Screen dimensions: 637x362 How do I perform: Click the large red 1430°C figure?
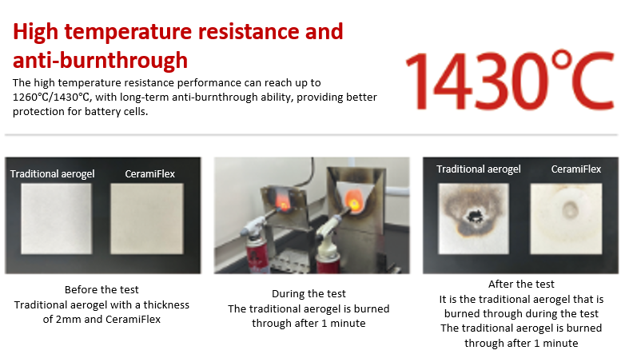point(510,81)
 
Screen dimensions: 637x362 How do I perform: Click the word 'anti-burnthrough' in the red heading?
point(101,60)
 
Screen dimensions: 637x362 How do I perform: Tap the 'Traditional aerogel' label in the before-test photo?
point(53,174)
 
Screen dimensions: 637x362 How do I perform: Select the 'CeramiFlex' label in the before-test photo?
point(150,174)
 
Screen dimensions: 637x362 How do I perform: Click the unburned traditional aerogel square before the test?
point(57,219)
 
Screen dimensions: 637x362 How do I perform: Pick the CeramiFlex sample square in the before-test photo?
point(146,219)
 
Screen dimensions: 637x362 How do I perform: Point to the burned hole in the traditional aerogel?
point(474,216)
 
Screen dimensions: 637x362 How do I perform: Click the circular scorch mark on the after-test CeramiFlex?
point(570,210)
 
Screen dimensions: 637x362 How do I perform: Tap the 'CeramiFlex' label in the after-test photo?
point(576,169)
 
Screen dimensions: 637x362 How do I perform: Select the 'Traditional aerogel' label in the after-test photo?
point(479,169)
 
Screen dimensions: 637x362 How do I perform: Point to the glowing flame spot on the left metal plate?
point(284,202)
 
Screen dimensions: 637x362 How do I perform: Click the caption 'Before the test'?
point(102,290)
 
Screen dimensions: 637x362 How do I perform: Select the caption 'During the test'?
point(309,294)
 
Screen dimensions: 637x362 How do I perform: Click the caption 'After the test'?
point(521,284)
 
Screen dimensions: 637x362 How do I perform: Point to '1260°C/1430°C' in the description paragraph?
point(51,97)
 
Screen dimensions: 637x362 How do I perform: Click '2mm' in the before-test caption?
point(68,320)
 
